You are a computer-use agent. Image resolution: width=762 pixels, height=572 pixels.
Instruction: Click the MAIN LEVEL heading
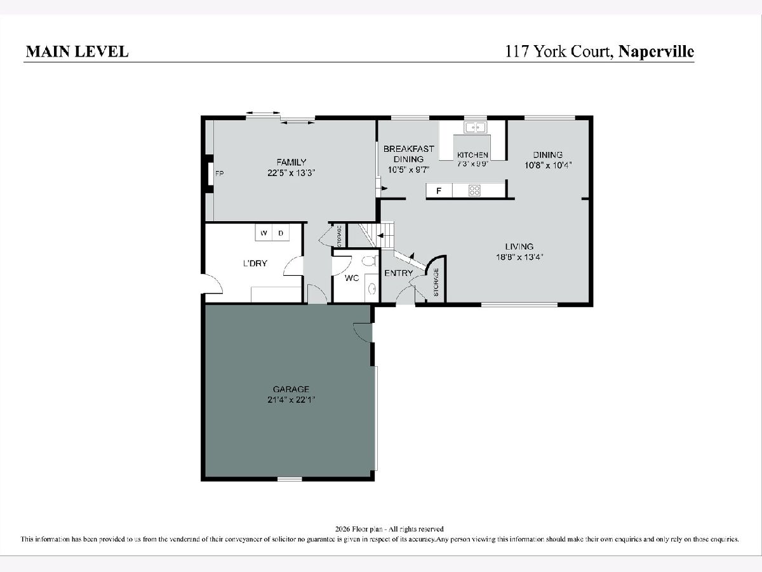tap(77, 51)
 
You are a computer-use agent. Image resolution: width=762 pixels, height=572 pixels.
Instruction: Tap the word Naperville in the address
tap(656, 52)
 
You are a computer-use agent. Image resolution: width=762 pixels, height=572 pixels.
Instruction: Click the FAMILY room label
tap(291, 162)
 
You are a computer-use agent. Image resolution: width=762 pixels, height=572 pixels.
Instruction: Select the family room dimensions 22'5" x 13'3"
tap(291, 173)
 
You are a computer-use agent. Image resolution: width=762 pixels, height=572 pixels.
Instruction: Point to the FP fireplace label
tap(220, 174)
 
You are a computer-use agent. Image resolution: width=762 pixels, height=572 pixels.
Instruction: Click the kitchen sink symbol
tap(475, 128)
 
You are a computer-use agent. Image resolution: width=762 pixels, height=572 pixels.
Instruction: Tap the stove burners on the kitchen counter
tap(474, 190)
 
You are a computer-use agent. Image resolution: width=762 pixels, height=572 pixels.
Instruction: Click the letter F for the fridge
tap(439, 191)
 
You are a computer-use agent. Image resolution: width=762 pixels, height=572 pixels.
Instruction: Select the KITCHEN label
tap(472, 155)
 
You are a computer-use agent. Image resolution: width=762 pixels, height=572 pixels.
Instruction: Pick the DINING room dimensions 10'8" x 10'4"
tap(548, 165)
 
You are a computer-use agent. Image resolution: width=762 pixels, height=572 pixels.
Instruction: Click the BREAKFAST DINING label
tap(408, 154)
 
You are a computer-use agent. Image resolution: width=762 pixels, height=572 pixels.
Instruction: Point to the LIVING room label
tap(519, 247)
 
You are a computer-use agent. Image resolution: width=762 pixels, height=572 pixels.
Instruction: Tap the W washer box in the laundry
tap(264, 233)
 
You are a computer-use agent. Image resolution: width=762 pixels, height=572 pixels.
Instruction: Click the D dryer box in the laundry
tap(281, 233)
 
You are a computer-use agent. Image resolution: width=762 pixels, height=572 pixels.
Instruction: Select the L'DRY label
tap(255, 263)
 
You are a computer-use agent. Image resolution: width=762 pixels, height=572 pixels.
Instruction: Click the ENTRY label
tap(399, 273)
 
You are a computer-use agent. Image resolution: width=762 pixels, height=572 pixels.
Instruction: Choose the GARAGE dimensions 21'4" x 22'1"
tap(291, 400)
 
